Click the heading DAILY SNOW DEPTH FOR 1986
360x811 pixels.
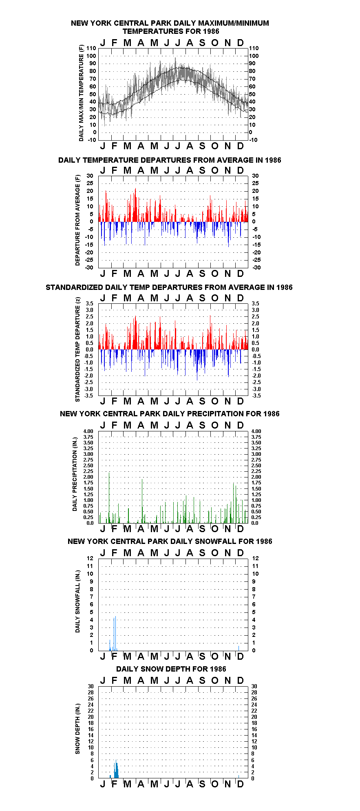(171, 669)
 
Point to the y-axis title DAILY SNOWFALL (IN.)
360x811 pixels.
(77, 601)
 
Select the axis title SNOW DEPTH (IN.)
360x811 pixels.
(77, 729)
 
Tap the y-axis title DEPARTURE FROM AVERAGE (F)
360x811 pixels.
(77, 220)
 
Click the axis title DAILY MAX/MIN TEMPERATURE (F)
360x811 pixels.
(81, 93)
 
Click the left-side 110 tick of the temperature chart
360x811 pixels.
(91, 48)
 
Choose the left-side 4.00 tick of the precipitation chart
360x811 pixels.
(88, 431)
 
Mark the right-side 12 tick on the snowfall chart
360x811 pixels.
(255, 558)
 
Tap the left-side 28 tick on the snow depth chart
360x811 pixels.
(91, 692)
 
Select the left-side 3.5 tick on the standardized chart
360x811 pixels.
(90, 303)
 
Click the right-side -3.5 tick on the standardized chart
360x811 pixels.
(256, 396)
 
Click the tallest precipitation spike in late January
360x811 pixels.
(109, 497)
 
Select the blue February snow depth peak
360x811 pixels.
(116, 769)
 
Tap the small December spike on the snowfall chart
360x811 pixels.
(239, 648)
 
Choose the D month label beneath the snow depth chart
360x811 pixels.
(241, 784)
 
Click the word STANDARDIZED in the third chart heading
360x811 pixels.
(75, 287)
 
